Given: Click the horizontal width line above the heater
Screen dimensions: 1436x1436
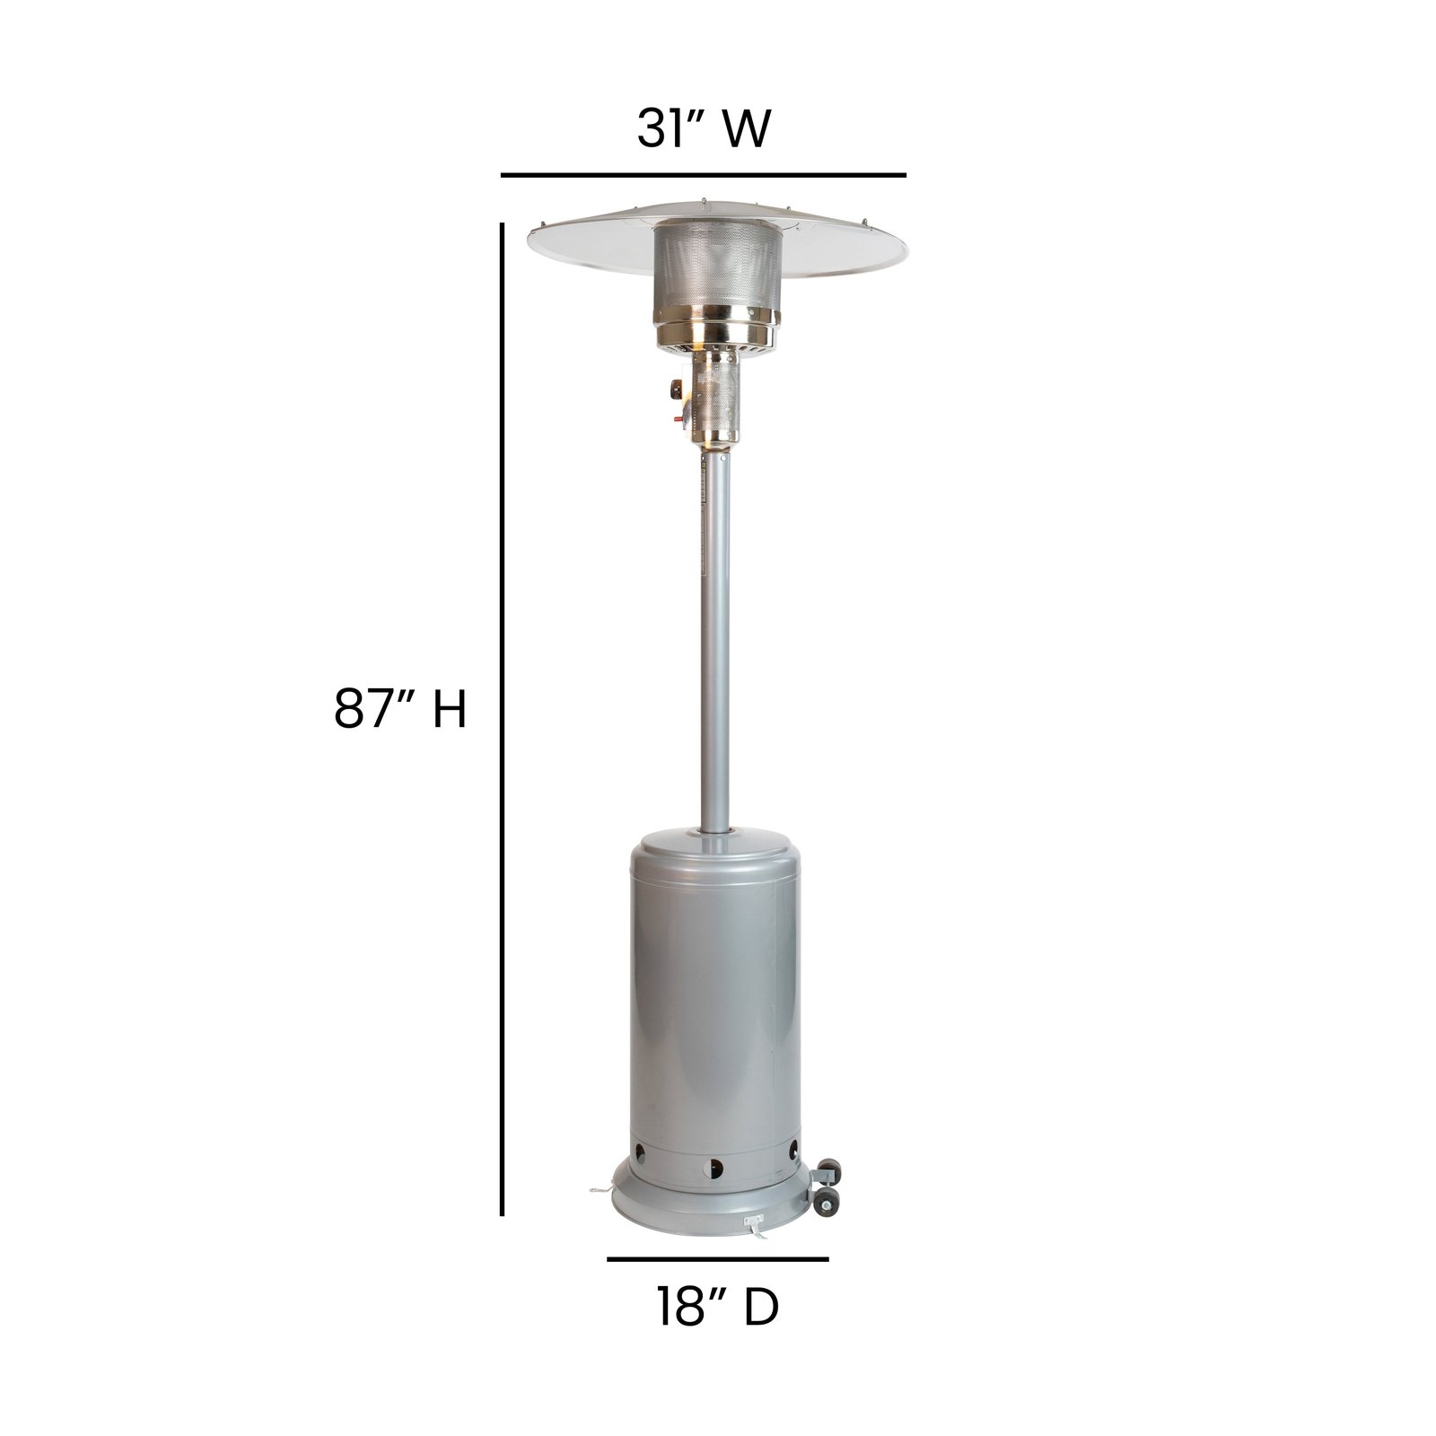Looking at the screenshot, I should coord(703,174).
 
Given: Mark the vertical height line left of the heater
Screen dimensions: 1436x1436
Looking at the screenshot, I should coord(501,718).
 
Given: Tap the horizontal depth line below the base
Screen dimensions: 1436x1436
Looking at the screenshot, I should coord(717,1259).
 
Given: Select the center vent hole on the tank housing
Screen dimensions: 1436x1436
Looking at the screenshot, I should coord(715,1168).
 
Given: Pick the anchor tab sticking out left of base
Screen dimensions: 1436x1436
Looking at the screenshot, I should coord(600,1191).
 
